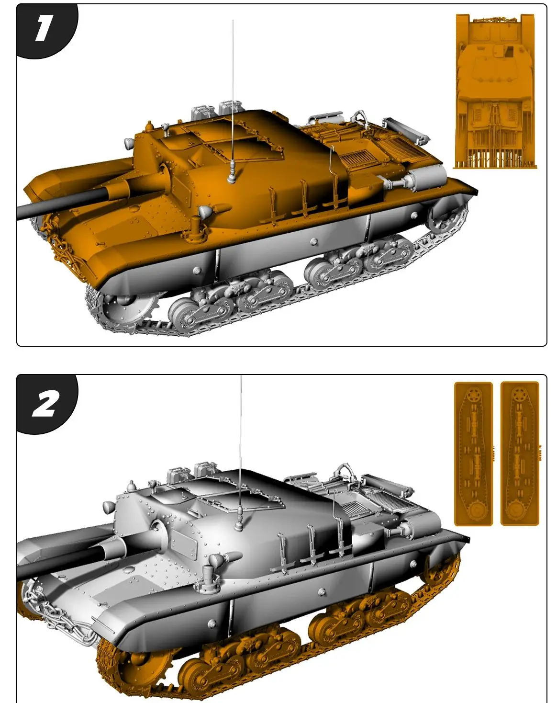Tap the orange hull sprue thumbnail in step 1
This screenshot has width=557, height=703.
[495, 91]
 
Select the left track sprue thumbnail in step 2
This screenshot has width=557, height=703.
[473, 453]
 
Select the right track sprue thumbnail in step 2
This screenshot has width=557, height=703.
[519, 453]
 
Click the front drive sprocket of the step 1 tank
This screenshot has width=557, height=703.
[125, 306]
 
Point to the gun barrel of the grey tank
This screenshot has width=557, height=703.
[53, 565]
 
